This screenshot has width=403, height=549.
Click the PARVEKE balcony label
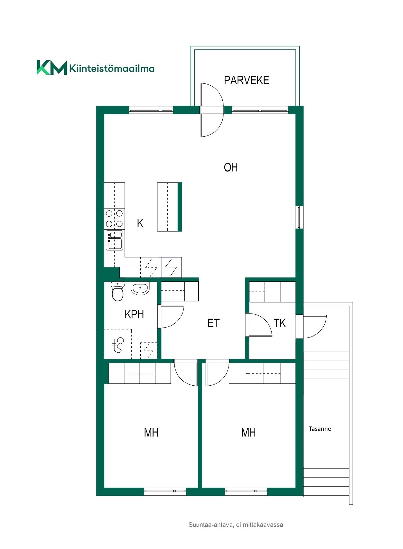[x=246, y=80]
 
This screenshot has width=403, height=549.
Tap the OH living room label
[x=231, y=167]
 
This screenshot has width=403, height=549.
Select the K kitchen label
[x=140, y=223]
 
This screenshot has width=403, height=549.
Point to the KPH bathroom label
[x=134, y=314]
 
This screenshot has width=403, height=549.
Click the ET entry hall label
[x=213, y=323]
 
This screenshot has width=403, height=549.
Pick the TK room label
[x=280, y=323]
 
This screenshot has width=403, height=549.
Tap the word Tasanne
[x=320, y=429]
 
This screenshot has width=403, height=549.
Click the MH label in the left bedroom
[x=151, y=432]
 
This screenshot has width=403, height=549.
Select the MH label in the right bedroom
[x=248, y=432]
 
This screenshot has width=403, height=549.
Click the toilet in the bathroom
[x=118, y=291]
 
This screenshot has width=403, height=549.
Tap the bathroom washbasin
[x=140, y=288]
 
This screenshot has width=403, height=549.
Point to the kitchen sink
[x=114, y=240]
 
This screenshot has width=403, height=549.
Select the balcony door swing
[x=212, y=110]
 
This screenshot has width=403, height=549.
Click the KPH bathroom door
[x=171, y=316]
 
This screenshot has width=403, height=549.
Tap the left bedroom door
[x=186, y=372]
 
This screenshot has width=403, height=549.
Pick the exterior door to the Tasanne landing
[x=311, y=326]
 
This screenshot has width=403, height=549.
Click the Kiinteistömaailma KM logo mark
[x=52, y=68]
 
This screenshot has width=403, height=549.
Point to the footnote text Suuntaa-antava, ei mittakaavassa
[x=236, y=525]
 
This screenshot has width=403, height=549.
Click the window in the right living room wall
[x=299, y=217]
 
